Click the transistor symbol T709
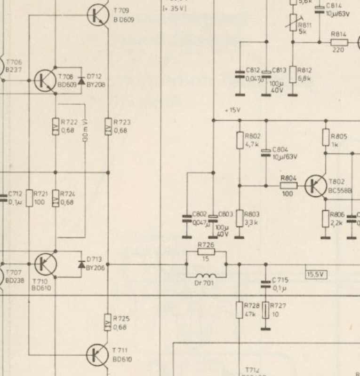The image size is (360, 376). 98,15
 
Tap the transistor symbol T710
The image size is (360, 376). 46,264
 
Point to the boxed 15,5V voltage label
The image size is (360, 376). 316,274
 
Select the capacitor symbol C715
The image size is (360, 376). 266,284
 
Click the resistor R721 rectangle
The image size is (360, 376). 30,198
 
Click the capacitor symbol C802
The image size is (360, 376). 187,218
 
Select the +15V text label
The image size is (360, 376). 233,110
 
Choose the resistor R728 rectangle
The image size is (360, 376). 240,310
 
